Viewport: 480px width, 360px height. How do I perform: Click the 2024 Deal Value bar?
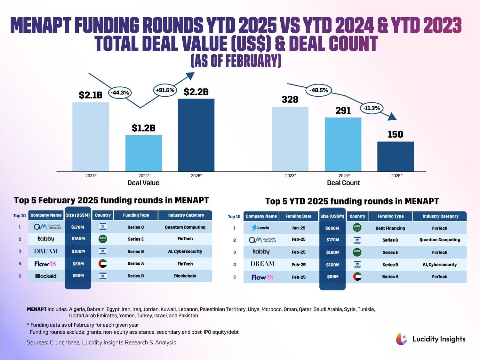[x=143, y=153]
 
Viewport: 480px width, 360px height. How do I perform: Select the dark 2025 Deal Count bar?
[x=396, y=156]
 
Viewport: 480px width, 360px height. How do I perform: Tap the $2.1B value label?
[x=91, y=95]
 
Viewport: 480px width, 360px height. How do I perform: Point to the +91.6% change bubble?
[x=165, y=90]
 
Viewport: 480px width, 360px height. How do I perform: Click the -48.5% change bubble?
[x=318, y=90]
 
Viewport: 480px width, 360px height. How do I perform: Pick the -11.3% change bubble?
[x=372, y=108]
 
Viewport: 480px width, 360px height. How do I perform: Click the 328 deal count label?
[x=290, y=100]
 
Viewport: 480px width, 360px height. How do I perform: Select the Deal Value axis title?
[x=143, y=183]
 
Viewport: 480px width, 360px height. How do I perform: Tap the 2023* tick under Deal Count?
[x=291, y=176]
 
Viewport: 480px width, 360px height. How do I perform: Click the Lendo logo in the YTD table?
[x=261, y=228]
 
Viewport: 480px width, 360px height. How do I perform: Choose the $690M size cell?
[x=332, y=228]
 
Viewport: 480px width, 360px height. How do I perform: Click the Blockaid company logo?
[x=46, y=276]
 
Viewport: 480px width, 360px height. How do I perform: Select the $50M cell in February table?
[x=78, y=276]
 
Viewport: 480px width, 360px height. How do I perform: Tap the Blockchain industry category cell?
[x=185, y=276]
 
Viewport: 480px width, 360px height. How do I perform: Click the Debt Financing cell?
[x=390, y=228]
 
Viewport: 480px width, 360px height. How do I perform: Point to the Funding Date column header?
[x=298, y=216]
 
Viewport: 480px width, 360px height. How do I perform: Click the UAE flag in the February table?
[x=103, y=264]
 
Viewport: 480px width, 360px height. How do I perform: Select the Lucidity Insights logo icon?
[x=402, y=339]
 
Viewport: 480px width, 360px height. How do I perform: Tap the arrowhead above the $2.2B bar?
[x=190, y=76]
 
